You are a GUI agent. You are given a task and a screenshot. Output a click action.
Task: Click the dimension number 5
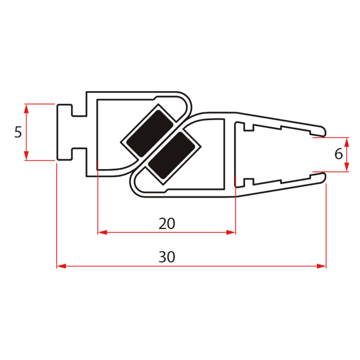tap(18, 132)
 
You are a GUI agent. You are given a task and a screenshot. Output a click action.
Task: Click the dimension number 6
tap(338, 154)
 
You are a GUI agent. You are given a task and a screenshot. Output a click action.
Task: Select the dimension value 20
tap(167, 224)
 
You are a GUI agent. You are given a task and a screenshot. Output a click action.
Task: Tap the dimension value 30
tap(167, 257)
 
